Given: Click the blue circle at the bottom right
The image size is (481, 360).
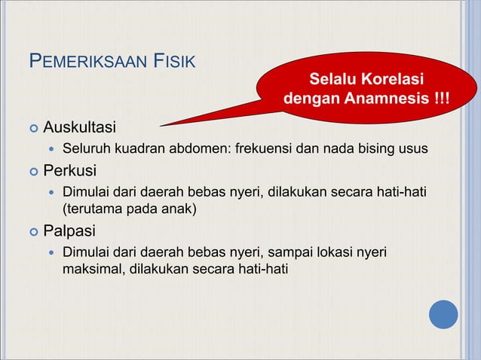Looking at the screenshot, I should [x=444, y=314].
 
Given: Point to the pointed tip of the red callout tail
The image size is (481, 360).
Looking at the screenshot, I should [x=161, y=125].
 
